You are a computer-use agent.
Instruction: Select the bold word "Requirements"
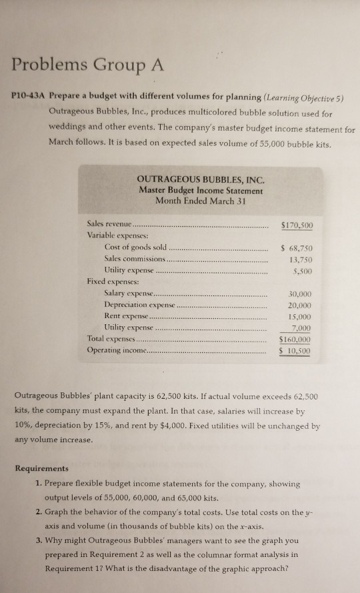pyautogui.click(x=43, y=469)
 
